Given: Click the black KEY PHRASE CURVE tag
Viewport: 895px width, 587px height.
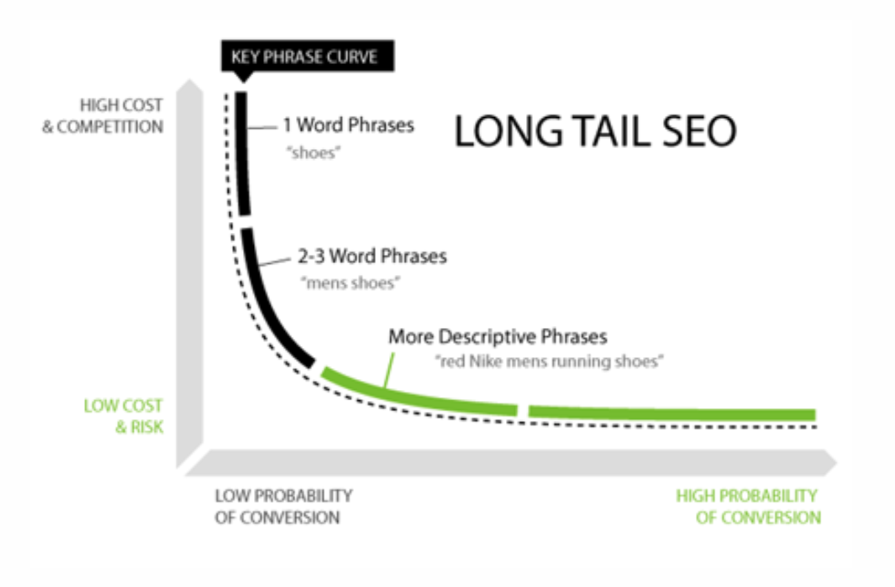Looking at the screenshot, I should [307, 56].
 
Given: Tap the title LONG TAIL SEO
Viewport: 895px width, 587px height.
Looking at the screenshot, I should [595, 131].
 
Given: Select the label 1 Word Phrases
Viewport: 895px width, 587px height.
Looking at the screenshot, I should [348, 125].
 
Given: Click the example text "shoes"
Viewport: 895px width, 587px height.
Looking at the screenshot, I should [313, 153].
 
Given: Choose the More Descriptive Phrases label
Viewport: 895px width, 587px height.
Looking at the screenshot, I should [498, 337].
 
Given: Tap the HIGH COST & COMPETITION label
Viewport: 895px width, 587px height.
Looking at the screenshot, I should [103, 116].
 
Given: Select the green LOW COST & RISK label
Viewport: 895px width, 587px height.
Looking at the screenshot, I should [124, 415].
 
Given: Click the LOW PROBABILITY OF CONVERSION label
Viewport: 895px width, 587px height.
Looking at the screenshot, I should [283, 506].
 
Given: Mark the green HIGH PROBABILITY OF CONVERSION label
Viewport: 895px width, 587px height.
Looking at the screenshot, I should [747, 506].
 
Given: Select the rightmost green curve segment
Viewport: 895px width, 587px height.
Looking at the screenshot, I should [671, 413].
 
